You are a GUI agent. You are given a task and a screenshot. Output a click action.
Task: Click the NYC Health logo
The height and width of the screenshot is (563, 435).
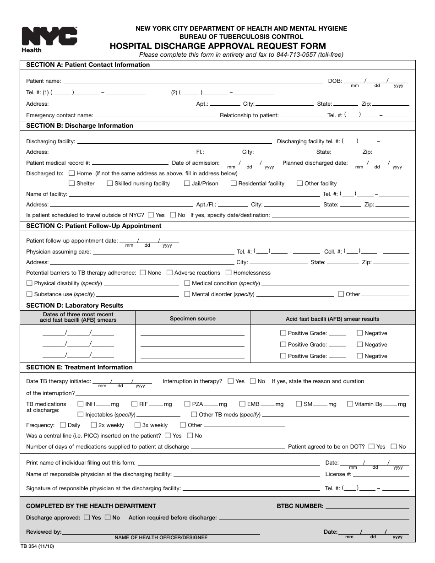49,39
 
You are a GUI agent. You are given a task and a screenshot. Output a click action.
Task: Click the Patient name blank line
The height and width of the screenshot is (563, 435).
192,82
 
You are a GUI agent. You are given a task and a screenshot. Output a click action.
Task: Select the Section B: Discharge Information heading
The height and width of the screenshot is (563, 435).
80,125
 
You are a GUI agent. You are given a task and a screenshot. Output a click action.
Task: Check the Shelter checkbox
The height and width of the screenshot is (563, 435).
72,184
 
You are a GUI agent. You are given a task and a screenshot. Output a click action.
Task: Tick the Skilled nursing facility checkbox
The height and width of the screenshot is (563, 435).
110,184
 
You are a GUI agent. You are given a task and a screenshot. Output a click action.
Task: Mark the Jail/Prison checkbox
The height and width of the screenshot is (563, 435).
187,184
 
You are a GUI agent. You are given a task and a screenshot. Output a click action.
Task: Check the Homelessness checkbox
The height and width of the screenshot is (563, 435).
229,273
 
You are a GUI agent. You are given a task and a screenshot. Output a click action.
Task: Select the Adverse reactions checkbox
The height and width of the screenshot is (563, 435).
170,273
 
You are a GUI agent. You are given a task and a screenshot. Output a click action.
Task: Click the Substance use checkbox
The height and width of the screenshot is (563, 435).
30,294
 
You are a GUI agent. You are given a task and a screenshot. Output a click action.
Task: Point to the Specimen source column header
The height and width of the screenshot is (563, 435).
192,319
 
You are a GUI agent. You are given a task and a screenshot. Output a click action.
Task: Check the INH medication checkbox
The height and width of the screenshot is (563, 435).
81,404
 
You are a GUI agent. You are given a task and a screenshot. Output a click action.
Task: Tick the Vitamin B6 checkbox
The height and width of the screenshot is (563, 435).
350,404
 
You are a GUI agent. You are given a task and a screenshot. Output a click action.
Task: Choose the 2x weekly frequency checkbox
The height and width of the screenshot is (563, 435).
94,425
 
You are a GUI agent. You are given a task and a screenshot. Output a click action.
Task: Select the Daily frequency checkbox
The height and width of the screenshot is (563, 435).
63,425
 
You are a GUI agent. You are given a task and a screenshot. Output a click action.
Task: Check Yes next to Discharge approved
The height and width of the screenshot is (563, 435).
87,518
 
